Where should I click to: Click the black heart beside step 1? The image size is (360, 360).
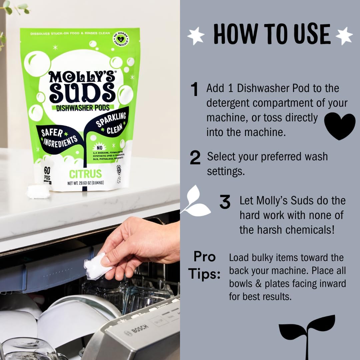click(x=340, y=126)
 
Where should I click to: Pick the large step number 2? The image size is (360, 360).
click(x=195, y=158)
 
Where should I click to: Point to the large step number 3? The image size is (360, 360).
click(x=225, y=202)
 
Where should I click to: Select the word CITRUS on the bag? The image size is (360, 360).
click(x=85, y=174)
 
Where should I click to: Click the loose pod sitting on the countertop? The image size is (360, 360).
click(x=38, y=191)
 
